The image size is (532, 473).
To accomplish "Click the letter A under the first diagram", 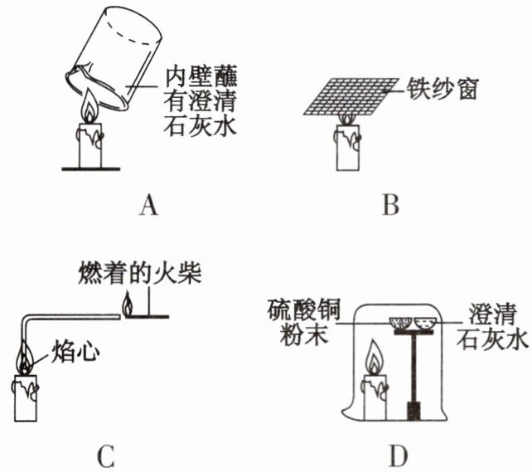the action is coord(148,205).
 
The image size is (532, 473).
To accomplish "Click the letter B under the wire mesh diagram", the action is coord(391,205).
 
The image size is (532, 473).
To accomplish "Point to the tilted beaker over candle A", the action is coord(114,58).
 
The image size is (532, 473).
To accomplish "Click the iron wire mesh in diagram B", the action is coord(351,96).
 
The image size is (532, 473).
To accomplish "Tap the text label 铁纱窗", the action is coord(443,89).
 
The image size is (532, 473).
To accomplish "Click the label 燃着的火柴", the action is coord(140,272).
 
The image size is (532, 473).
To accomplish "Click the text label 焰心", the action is coord(75,351).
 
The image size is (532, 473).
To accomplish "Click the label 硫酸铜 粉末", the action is coord(303,322).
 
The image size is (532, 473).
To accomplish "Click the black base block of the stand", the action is coord(414,411).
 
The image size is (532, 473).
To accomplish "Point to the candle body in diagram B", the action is coord(348,147).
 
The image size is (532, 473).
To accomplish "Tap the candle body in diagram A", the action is coord(90,145).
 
